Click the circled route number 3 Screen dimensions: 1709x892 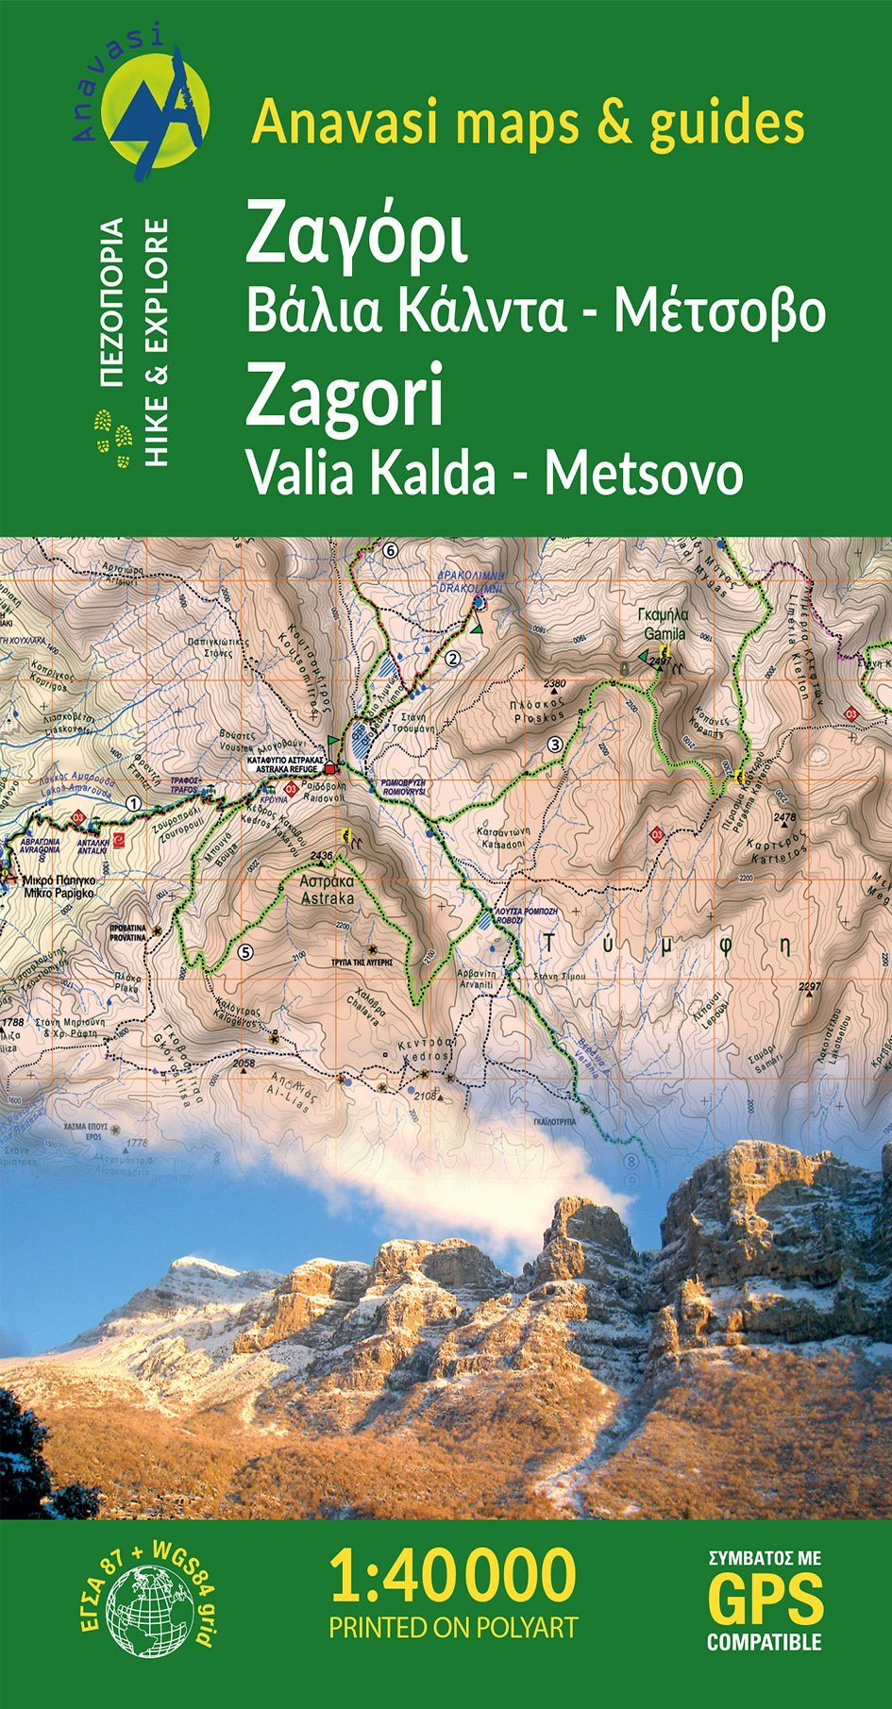pos(555,745)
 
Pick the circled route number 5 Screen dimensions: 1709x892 pos(246,951)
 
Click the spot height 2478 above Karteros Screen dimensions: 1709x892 pos(784,817)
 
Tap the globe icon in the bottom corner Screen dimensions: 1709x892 pos(148,1610)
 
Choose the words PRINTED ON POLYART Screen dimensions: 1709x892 pos(452,1627)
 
